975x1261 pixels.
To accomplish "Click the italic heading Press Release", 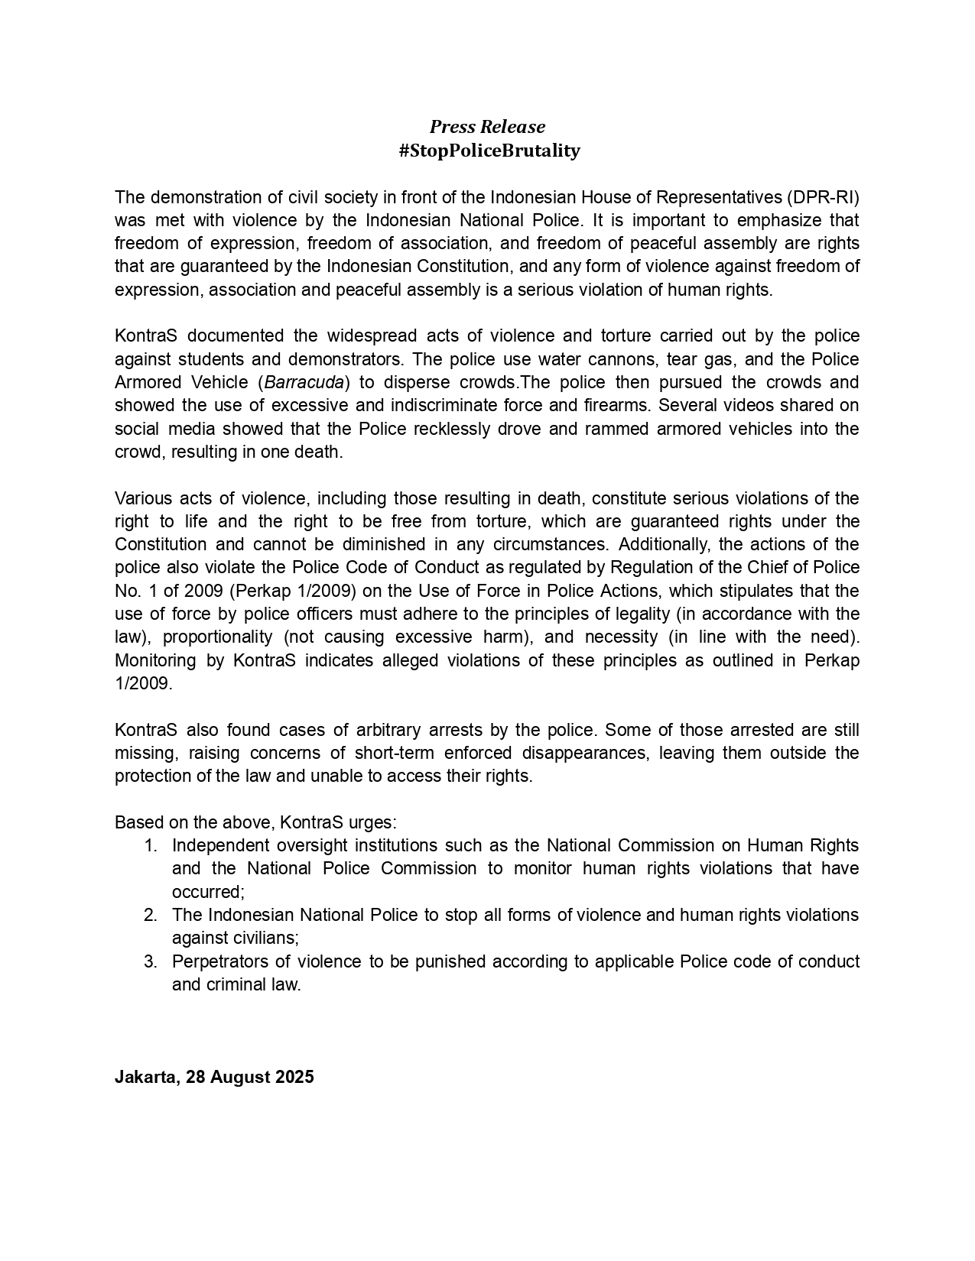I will click(x=487, y=126).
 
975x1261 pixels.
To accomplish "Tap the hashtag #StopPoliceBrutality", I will click(x=489, y=151).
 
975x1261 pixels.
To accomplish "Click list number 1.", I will click(x=151, y=845).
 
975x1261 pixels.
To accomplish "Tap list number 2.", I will click(x=151, y=915).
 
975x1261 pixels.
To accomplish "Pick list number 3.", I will click(x=151, y=961).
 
